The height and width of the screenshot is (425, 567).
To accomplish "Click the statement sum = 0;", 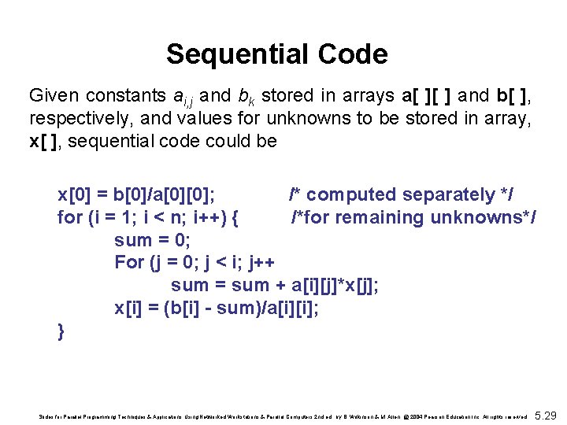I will (x=153, y=239).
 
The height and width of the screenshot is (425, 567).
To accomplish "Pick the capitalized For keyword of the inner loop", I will (x=129, y=262).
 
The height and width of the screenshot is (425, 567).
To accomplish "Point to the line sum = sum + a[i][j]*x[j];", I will (x=274, y=285).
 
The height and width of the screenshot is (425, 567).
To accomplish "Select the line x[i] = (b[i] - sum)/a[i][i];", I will (x=217, y=308).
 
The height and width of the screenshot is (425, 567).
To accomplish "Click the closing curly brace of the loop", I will (x=61, y=331).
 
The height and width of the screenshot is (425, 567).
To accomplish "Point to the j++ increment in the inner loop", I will (x=261, y=262).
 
